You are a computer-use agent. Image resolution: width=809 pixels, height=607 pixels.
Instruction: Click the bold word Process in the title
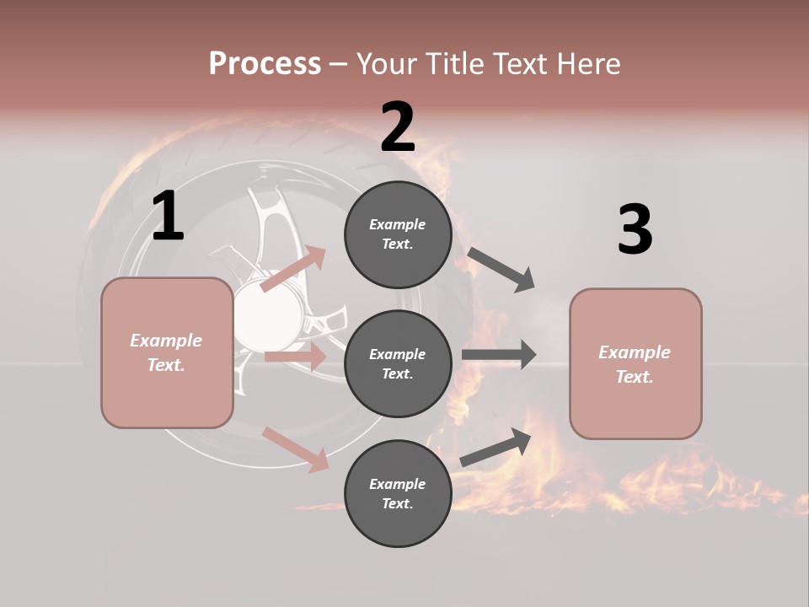click(x=265, y=63)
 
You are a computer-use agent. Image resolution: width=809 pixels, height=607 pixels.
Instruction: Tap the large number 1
click(x=168, y=216)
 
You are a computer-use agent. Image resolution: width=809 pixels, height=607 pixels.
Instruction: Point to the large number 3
click(x=635, y=229)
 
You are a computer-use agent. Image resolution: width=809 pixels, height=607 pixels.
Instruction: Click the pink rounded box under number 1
click(x=167, y=352)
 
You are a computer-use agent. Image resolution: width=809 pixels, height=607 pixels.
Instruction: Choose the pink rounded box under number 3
click(x=635, y=364)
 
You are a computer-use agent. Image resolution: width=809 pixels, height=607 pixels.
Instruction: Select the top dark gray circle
click(x=398, y=234)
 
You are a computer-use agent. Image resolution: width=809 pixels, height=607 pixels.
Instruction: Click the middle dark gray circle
click(x=398, y=364)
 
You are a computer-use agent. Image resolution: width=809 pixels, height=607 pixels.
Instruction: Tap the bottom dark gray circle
click(x=398, y=494)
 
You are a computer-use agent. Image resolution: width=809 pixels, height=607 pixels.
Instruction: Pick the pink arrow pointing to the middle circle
click(x=295, y=357)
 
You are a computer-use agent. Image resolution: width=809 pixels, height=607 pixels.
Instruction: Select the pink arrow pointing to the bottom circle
click(x=295, y=449)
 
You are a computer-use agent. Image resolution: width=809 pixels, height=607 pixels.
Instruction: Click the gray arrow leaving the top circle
click(x=501, y=269)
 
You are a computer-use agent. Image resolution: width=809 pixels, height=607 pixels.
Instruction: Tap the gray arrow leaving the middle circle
click(x=499, y=355)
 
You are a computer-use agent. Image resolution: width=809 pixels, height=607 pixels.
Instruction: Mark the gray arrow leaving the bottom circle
click(x=496, y=448)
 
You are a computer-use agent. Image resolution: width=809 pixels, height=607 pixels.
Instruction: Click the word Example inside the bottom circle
click(x=397, y=484)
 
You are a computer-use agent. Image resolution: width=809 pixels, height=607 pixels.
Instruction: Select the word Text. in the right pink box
click(x=635, y=377)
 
